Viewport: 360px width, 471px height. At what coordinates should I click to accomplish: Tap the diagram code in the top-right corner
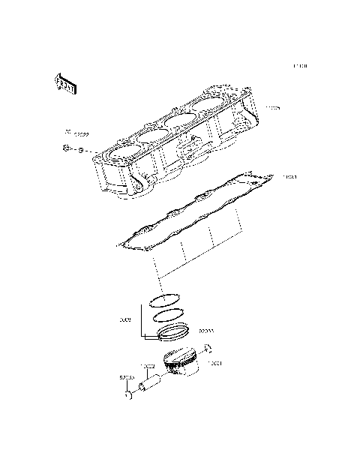click(300, 67)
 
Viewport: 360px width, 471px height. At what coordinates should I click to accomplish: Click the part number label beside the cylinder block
click(272, 109)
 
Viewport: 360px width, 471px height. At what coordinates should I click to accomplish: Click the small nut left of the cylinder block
click(68, 150)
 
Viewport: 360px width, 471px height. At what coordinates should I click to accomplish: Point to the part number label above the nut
click(77, 134)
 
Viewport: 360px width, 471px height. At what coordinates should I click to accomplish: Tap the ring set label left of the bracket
click(125, 319)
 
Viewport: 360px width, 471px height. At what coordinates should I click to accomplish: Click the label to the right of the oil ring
click(206, 330)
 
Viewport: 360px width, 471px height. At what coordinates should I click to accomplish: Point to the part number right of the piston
click(216, 363)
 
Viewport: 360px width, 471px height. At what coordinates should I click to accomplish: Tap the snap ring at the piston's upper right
click(208, 348)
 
